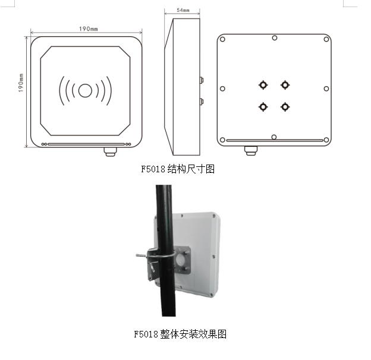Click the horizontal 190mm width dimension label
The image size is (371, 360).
click(88, 29)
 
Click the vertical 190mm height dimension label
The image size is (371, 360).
click(21, 83)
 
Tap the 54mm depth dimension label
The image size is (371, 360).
click(183, 10)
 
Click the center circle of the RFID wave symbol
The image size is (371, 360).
click(85, 90)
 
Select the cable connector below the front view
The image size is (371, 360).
click(110, 151)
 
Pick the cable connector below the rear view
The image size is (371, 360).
click(251, 151)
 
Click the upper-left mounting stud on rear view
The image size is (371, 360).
click(263, 85)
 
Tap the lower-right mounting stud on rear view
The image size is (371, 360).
click(285, 107)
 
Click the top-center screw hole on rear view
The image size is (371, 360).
click(275, 38)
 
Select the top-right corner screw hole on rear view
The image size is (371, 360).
click(326, 39)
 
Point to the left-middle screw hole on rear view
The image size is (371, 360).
click(222, 89)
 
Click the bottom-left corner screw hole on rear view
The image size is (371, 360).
click(222, 140)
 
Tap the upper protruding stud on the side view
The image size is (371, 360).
click(202, 80)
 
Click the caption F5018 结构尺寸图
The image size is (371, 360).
click(178, 169)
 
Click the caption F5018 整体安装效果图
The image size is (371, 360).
click(180, 334)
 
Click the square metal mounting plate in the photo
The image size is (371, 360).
click(183, 260)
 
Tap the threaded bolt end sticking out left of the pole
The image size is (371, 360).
click(142, 255)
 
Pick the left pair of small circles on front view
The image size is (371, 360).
click(44, 144)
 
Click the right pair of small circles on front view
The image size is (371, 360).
click(128, 144)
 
